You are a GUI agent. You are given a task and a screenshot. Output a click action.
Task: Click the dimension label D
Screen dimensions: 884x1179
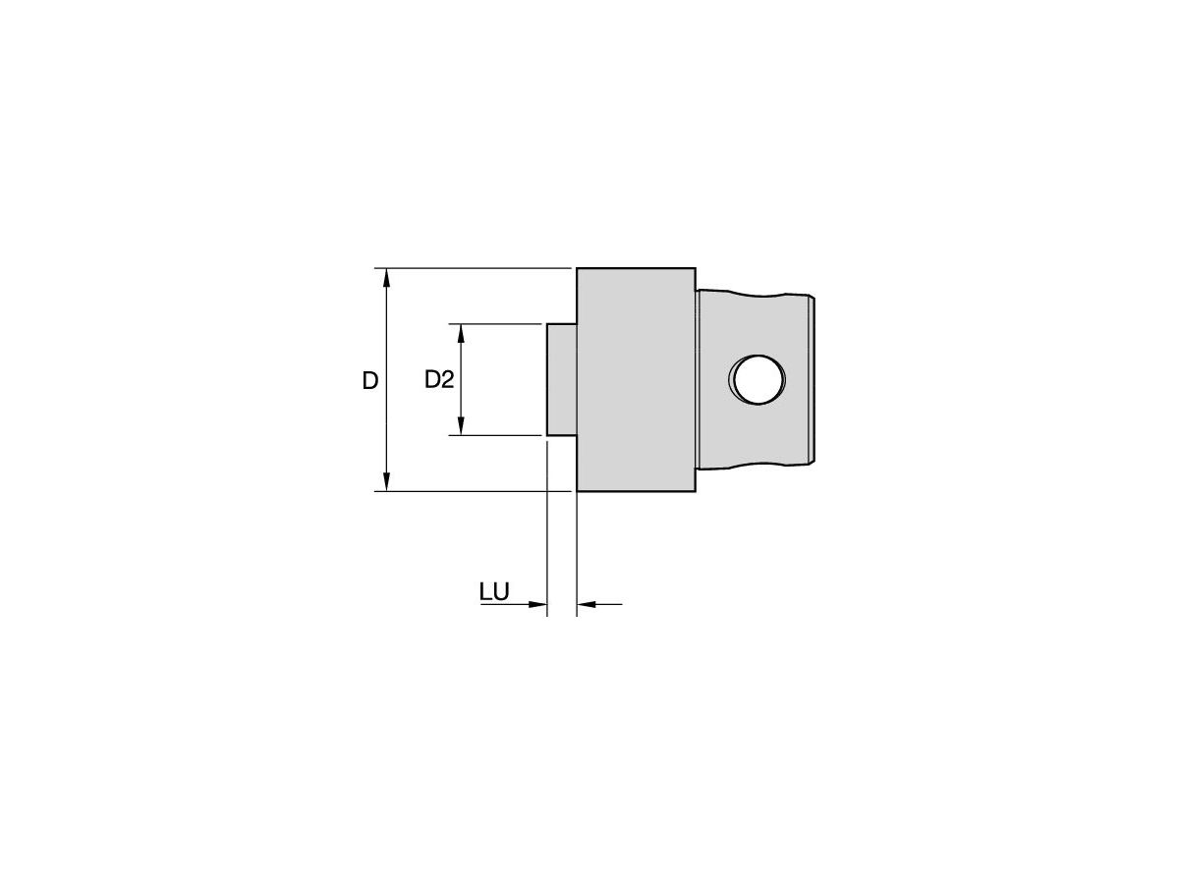click(369, 381)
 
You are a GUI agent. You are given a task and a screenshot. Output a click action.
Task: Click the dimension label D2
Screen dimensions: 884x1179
click(438, 380)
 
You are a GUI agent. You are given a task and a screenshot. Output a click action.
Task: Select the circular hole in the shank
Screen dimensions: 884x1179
click(758, 379)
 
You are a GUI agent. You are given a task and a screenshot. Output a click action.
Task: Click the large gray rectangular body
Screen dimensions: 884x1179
click(636, 379)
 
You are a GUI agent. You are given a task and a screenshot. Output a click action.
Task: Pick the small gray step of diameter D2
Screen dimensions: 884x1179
click(561, 379)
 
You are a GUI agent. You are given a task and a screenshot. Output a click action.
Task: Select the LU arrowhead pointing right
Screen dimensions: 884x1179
click(536, 604)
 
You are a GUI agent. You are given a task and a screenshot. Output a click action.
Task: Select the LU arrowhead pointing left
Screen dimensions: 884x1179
click(586, 604)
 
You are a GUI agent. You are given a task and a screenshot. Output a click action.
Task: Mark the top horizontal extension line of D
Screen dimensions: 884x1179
click(472, 267)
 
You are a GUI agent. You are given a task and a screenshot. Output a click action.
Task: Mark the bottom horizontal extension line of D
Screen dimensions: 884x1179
click(472, 491)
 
